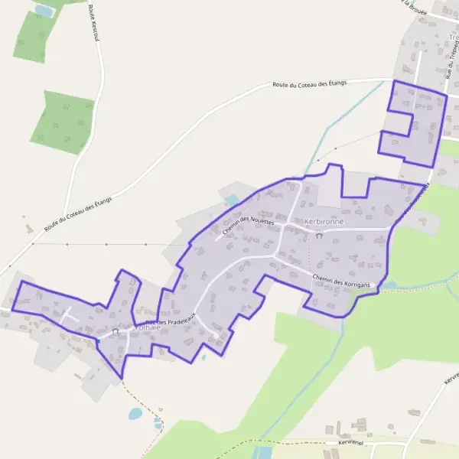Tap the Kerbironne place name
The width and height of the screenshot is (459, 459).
[324, 222]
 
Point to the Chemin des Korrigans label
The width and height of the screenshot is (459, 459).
[341, 282]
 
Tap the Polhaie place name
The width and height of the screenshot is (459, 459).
[146, 327]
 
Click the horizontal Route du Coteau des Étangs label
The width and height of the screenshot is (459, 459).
[310, 84]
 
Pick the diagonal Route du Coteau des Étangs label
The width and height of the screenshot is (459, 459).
[78, 215]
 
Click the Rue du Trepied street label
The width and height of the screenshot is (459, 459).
[450, 61]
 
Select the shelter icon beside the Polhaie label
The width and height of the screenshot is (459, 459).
[116, 332]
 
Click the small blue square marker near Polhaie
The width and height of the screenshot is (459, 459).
[98, 340]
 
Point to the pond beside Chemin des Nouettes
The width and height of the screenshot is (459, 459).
[233, 200]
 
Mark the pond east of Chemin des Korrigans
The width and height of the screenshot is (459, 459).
[390, 285]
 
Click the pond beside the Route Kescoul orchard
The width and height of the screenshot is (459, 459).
[44, 11]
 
